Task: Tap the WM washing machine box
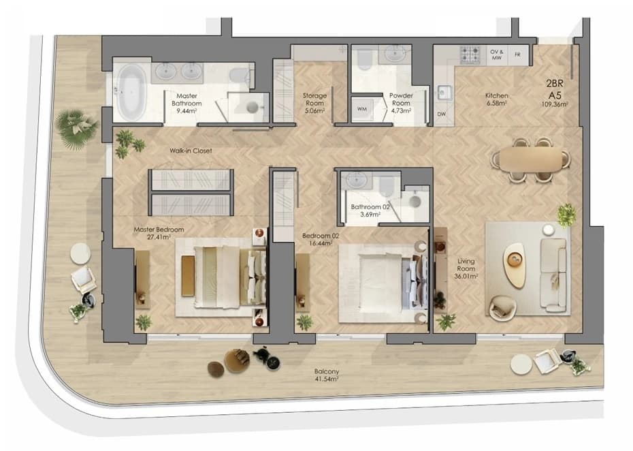[362, 109]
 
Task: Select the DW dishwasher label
[442, 114]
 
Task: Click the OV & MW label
[497, 55]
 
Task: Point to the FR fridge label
[517, 55]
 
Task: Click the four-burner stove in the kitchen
[471, 55]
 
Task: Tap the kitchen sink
[443, 93]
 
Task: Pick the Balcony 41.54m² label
[327, 375]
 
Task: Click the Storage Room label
[314, 103]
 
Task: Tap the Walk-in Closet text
[191, 151]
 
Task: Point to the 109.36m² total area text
[555, 104]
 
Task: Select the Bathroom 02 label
[370, 211]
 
